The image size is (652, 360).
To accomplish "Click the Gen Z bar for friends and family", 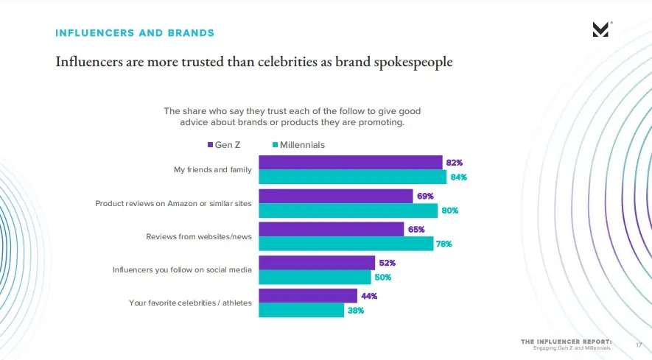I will pyautogui.click(x=350, y=163).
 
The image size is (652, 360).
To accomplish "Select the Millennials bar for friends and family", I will pyautogui.click(x=352, y=177).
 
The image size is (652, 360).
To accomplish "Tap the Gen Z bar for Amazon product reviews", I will pyautogui.click(x=335, y=196).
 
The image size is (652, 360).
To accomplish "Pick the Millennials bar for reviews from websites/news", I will pyautogui.click(x=346, y=244).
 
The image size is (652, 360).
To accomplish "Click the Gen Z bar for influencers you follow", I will pyautogui.click(x=317, y=263).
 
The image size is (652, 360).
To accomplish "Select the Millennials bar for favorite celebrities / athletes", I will pyautogui.click(x=301, y=311).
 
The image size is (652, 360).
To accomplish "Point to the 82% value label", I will pyautogui.click(x=455, y=162).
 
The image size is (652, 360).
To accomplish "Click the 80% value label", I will pyautogui.click(x=450, y=211).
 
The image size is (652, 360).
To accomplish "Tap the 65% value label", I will pyautogui.click(x=416, y=229).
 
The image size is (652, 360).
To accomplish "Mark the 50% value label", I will pyautogui.click(x=382, y=278).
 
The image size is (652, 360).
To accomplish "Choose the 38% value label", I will pyautogui.click(x=355, y=311).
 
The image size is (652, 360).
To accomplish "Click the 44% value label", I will pyautogui.click(x=368, y=296).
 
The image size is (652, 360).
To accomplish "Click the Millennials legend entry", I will pyautogui.click(x=298, y=145).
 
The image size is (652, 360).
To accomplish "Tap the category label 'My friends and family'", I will pyautogui.click(x=213, y=169).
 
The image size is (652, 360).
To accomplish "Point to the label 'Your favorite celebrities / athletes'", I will pyautogui.click(x=191, y=303).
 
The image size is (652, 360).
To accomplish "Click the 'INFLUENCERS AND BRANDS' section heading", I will pyautogui.click(x=135, y=33).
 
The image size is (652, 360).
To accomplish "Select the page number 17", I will pyautogui.click(x=639, y=345).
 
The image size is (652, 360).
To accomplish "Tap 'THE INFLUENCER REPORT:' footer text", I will pyautogui.click(x=566, y=342).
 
